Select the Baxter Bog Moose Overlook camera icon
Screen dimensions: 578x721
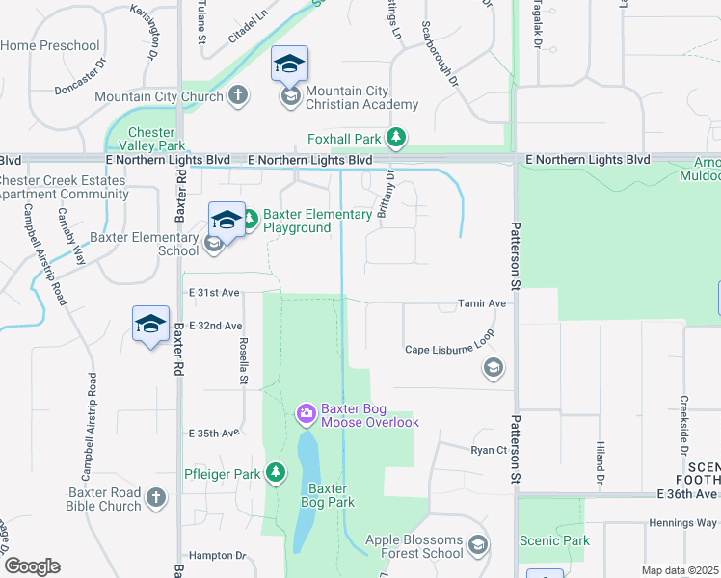click(x=307, y=414)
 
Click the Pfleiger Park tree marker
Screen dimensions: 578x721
click(x=277, y=472)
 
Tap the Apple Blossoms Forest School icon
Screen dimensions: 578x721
click(x=477, y=547)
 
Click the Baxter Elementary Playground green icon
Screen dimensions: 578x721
click(x=249, y=221)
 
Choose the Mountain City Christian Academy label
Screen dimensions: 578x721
click(x=361, y=98)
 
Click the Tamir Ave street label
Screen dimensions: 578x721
click(x=482, y=303)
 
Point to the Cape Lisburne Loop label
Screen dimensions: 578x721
click(x=449, y=350)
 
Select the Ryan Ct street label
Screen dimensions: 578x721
click(x=488, y=450)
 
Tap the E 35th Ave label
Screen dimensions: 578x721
click(x=214, y=433)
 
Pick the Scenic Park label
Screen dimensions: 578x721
click(x=554, y=540)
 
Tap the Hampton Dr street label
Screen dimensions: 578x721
click(x=217, y=556)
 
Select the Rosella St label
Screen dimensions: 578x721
click(x=243, y=340)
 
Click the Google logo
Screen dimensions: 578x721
click(x=32, y=566)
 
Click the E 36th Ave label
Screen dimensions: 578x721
click(x=687, y=494)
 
